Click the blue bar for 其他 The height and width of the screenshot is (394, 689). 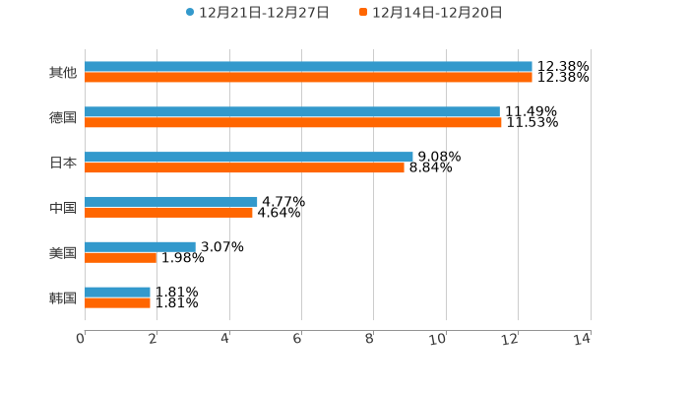[x=308, y=67]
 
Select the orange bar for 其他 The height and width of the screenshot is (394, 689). [x=308, y=77]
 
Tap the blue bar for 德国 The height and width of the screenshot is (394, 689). [x=292, y=112]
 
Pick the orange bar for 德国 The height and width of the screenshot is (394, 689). [x=293, y=123]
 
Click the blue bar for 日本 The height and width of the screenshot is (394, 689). [x=249, y=157]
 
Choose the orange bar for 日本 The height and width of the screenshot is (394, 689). [x=244, y=167]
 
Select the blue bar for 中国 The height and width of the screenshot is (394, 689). [x=171, y=201]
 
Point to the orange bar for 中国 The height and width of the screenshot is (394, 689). [x=168, y=212]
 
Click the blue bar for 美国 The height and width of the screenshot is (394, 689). [x=140, y=246]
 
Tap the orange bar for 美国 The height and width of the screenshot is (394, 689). [x=121, y=257]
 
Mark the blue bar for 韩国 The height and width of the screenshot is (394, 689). [x=117, y=292]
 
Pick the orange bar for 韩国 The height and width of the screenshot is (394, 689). [x=117, y=302]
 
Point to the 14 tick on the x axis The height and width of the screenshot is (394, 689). [x=583, y=339]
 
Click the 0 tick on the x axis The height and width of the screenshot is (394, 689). [x=82, y=339]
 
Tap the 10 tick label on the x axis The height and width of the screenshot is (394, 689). [x=439, y=339]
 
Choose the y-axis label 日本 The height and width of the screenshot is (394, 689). [x=63, y=163]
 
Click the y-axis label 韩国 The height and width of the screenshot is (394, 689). [x=63, y=297]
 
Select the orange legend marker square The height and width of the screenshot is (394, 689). [x=363, y=13]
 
